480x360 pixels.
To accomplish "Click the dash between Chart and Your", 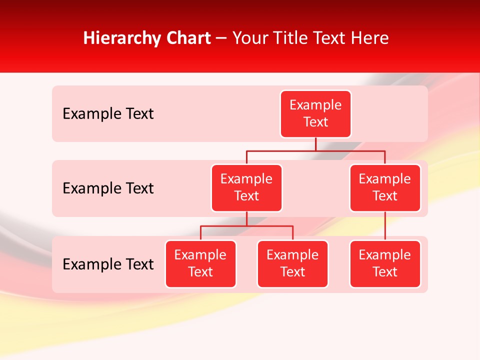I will click(x=221, y=39).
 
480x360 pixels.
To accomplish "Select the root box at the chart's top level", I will click(x=315, y=114).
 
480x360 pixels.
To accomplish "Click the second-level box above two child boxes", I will click(x=246, y=188).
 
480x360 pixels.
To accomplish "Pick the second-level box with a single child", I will click(x=385, y=188).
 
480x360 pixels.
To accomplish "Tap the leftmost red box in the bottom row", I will click(x=200, y=264).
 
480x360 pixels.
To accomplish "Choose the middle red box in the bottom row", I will click(x=292, y=264).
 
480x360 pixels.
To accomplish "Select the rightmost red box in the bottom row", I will click(x=385, y=264).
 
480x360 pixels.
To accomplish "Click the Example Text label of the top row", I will click(x=108, y=114).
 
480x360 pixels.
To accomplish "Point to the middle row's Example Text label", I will click(x=108, y=188).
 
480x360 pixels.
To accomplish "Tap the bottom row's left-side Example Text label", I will click(x=108, y=264).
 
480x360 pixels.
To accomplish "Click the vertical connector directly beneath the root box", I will click(x=315, y=144).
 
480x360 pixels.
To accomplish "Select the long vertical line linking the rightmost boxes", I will click(x=385, y=226).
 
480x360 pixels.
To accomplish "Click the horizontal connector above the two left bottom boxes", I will click(x=246, y=226).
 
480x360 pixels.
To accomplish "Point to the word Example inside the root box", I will click(x=315, y=105).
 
